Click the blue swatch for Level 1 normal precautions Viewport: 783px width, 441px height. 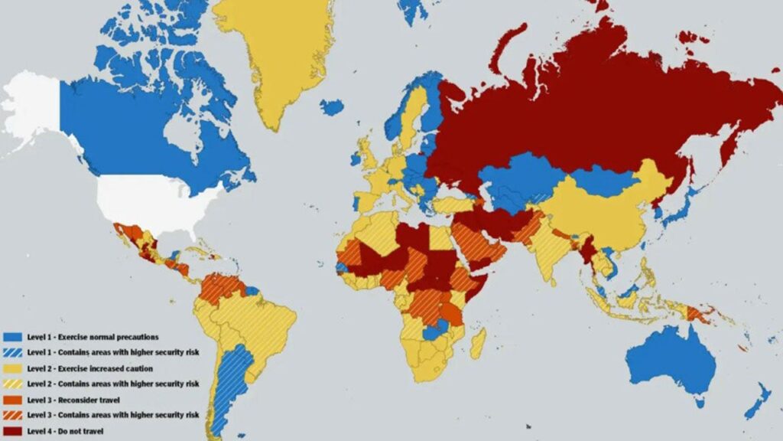point(11,336)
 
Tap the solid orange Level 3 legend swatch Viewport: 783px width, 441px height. point(11,399)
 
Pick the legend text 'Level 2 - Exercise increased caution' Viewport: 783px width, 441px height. point(85,367)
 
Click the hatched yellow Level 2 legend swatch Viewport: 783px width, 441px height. point(11,383)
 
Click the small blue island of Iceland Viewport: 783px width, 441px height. point(332,107)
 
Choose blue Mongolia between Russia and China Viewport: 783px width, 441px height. point(604,180)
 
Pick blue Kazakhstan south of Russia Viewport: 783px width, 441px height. point(520,180)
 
